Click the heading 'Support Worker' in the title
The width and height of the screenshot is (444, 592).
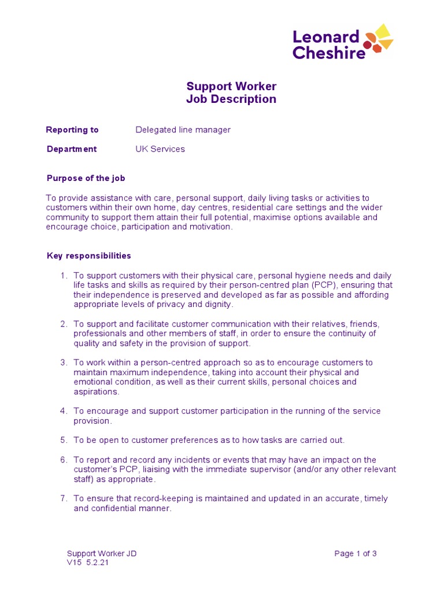point(231,86)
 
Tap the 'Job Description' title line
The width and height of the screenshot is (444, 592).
point(231,99)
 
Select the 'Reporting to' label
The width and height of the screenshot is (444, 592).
point(72,129)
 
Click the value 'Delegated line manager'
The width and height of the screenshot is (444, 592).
point(183,129)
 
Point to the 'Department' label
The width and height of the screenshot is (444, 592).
point(72,149)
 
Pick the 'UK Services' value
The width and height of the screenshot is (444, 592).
point(160,149)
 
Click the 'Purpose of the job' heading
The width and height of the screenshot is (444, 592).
point(86,178)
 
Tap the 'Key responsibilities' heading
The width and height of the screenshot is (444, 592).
point(88,256)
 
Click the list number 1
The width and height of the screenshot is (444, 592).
point(64,276)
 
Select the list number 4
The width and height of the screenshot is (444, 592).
point(64,411)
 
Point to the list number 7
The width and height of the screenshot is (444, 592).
point(64,498)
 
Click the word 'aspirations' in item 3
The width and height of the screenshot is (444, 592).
point(95,391)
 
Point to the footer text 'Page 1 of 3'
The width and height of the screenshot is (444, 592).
point(356,553)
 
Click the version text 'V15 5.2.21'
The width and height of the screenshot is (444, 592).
point(88,563)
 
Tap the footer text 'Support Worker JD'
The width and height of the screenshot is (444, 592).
point(102,553)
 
